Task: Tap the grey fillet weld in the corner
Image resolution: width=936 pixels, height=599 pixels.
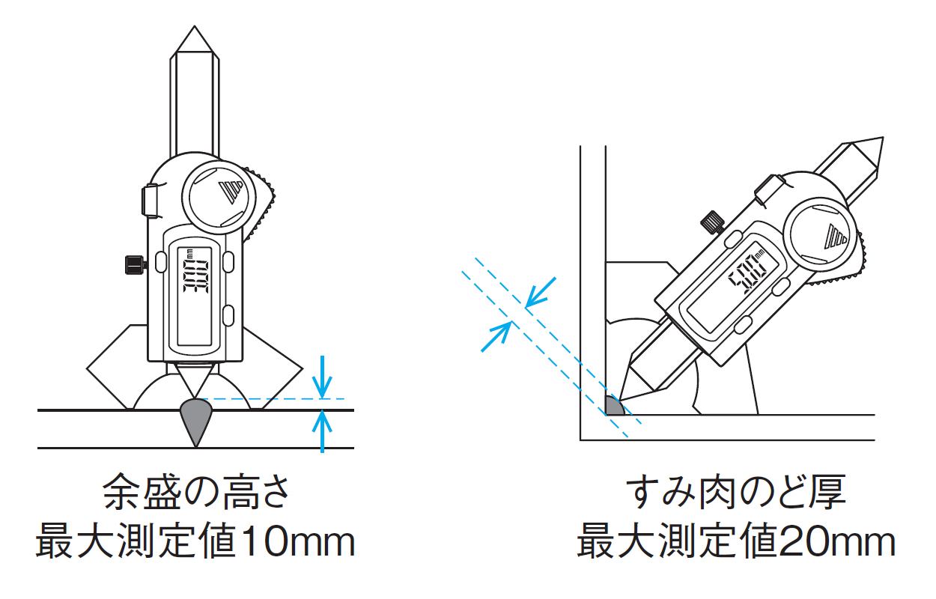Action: [613, 407]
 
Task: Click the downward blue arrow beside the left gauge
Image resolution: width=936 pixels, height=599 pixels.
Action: [322, 377]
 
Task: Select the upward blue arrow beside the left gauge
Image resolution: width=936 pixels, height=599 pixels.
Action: [322, 431]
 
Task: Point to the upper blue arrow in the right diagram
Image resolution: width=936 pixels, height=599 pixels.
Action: [541, 293]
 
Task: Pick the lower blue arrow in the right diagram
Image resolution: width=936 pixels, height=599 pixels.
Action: [496, 337]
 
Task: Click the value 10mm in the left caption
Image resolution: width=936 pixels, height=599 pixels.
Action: [298, 541]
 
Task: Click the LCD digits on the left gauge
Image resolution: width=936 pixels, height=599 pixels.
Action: [195, 276]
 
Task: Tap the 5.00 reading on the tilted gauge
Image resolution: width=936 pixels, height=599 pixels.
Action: [747, 273]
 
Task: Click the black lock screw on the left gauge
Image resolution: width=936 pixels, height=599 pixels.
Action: [136, 265]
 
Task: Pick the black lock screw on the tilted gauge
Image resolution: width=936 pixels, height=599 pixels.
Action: [713, 222]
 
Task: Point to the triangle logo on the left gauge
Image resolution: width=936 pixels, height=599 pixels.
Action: [231, 192]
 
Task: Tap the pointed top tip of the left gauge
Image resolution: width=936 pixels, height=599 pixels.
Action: [194, 26]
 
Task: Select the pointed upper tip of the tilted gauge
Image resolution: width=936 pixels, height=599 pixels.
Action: [882, 138]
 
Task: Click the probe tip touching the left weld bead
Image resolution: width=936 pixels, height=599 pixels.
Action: [195, 397]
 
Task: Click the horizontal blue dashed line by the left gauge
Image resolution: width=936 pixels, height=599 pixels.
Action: [271, 399]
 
